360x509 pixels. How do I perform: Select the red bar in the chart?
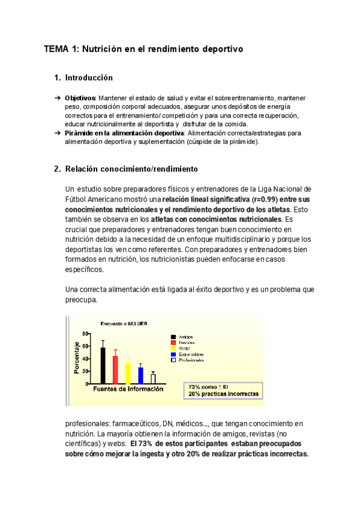115,369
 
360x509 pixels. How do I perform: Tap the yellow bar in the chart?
128,373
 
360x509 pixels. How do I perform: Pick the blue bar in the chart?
140,375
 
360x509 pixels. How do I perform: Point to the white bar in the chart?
153,378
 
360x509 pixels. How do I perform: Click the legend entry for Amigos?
186,337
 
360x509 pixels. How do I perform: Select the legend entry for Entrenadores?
191,354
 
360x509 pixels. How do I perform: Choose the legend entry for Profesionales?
191,360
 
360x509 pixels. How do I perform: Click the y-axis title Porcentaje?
77,358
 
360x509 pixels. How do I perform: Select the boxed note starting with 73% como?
223,391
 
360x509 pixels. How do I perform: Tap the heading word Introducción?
89,78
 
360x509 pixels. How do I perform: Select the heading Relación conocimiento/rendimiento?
131,169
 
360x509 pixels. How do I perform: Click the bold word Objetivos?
80,97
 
